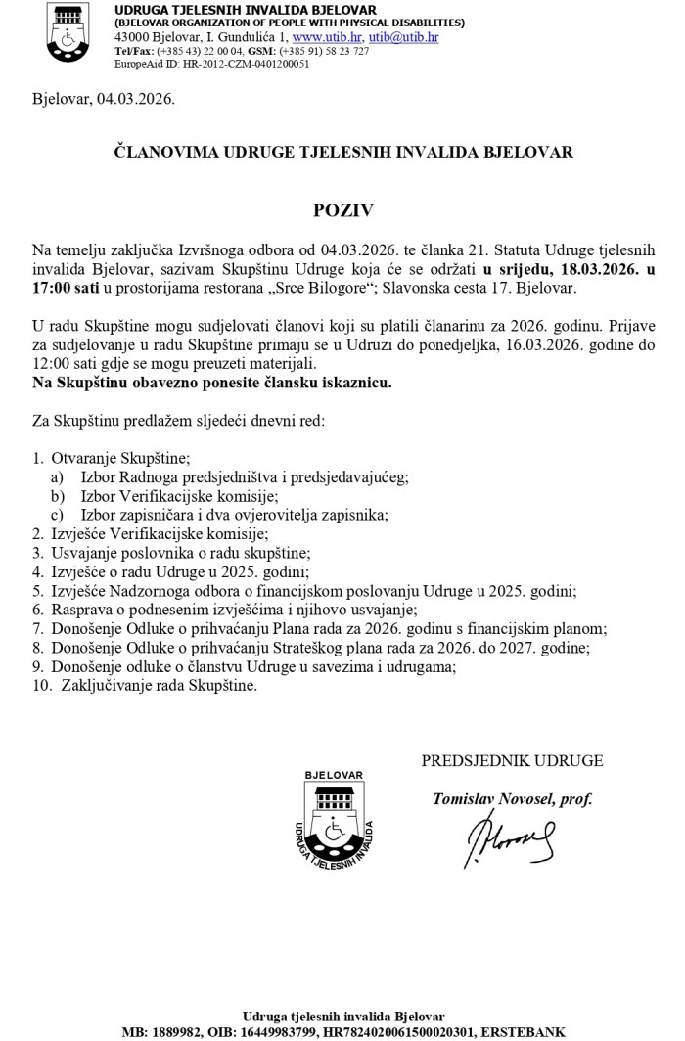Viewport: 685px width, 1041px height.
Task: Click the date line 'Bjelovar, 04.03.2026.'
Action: (x=103, y=100)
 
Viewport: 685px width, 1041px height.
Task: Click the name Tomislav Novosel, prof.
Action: (x=512, y=798)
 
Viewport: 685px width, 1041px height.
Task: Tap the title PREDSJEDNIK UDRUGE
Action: (x=512, y=760)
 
